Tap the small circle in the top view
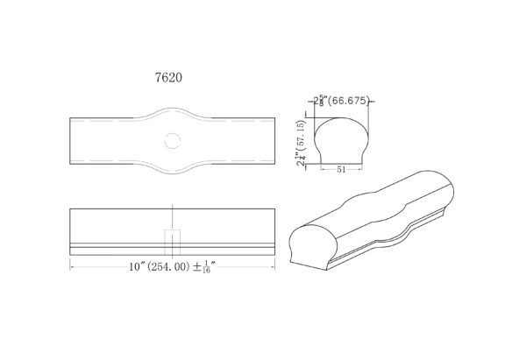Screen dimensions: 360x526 tap(172, 139)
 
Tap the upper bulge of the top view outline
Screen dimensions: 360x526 tap(172, 111)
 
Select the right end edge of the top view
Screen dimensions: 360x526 tap(274, 139)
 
